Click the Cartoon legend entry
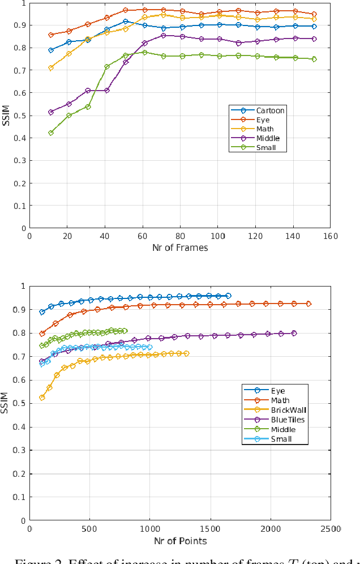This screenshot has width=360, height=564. coord(270,110)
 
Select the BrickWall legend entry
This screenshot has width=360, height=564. coord(289,410)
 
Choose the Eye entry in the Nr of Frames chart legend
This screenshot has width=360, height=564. coord(263,120)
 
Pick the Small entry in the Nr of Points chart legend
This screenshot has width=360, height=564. coord(281,439)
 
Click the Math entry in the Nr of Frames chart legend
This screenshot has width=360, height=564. coord(265,129)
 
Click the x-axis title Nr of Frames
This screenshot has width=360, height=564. coord(180,247)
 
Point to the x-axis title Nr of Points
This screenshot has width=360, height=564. coord(180,541)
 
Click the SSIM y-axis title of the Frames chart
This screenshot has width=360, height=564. coord(6,115)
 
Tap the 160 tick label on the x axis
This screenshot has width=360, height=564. coord(330,236)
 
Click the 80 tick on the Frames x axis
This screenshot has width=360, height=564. coord(180,236)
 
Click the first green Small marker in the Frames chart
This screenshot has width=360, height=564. coord(51,133)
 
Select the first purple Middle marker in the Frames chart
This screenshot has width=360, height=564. coord(51,112)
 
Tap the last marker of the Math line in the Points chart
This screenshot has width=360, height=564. coord(308,304)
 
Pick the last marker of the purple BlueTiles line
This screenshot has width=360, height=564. coord(294,333)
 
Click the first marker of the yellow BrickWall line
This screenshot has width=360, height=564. coord(42,398)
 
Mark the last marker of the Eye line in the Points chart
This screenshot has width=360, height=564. coord(228,296)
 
